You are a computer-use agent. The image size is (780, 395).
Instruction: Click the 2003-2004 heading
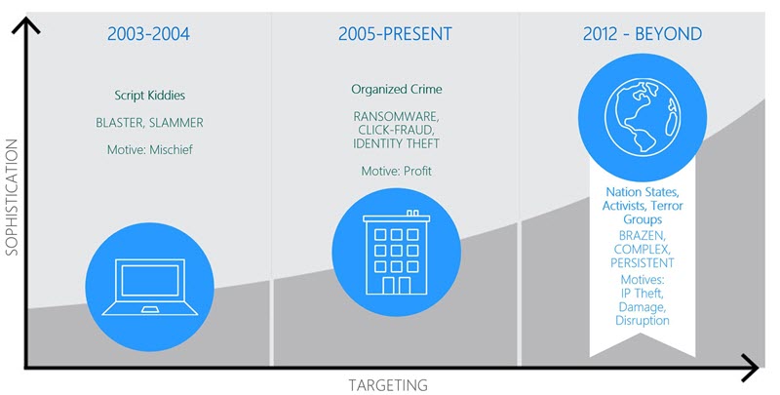(149, 34)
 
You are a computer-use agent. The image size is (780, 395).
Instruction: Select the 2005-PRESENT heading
(395, 34)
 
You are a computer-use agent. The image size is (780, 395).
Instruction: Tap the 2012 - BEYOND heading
(643, 34)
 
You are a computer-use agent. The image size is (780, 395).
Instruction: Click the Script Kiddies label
(150, 95)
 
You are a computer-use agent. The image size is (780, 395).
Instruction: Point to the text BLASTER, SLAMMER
(149, 123)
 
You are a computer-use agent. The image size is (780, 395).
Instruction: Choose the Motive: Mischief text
(150, 150)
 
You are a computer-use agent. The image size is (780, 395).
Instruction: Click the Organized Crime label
(397, 90)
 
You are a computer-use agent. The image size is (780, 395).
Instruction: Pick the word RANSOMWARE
(396, 117)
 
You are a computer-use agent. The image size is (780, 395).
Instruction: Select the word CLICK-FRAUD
(396, 131)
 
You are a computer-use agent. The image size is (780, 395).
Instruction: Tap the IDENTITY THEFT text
(396, 143)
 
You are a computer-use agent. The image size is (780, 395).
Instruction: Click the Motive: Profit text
(396, 171)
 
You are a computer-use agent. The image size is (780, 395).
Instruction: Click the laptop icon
(150, 287)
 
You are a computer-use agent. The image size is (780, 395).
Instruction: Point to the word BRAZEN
(642, 235)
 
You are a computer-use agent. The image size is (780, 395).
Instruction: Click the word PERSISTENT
(643, 262)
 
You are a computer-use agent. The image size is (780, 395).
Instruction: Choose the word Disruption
(643, 320)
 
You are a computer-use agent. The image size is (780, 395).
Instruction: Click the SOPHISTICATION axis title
(12, 197)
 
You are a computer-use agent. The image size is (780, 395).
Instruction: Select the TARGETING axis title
(387, 385)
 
